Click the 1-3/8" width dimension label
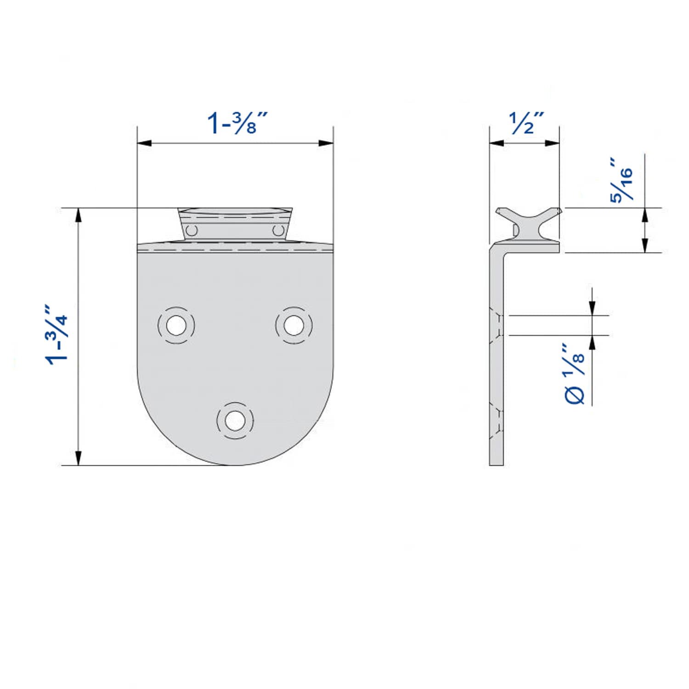click(237, 123)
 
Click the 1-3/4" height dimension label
click(57, 334)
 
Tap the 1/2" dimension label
click(526, 123)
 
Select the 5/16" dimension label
click(621, 180)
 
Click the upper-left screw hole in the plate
click(176, 326)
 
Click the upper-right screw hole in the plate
click(294, 326)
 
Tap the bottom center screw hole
click(235, 420)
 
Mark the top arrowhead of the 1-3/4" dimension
click(79, 215)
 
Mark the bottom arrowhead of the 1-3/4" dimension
click(79, 458)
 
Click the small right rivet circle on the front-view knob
click(277, 230)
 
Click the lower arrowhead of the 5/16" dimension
click(645, 245)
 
